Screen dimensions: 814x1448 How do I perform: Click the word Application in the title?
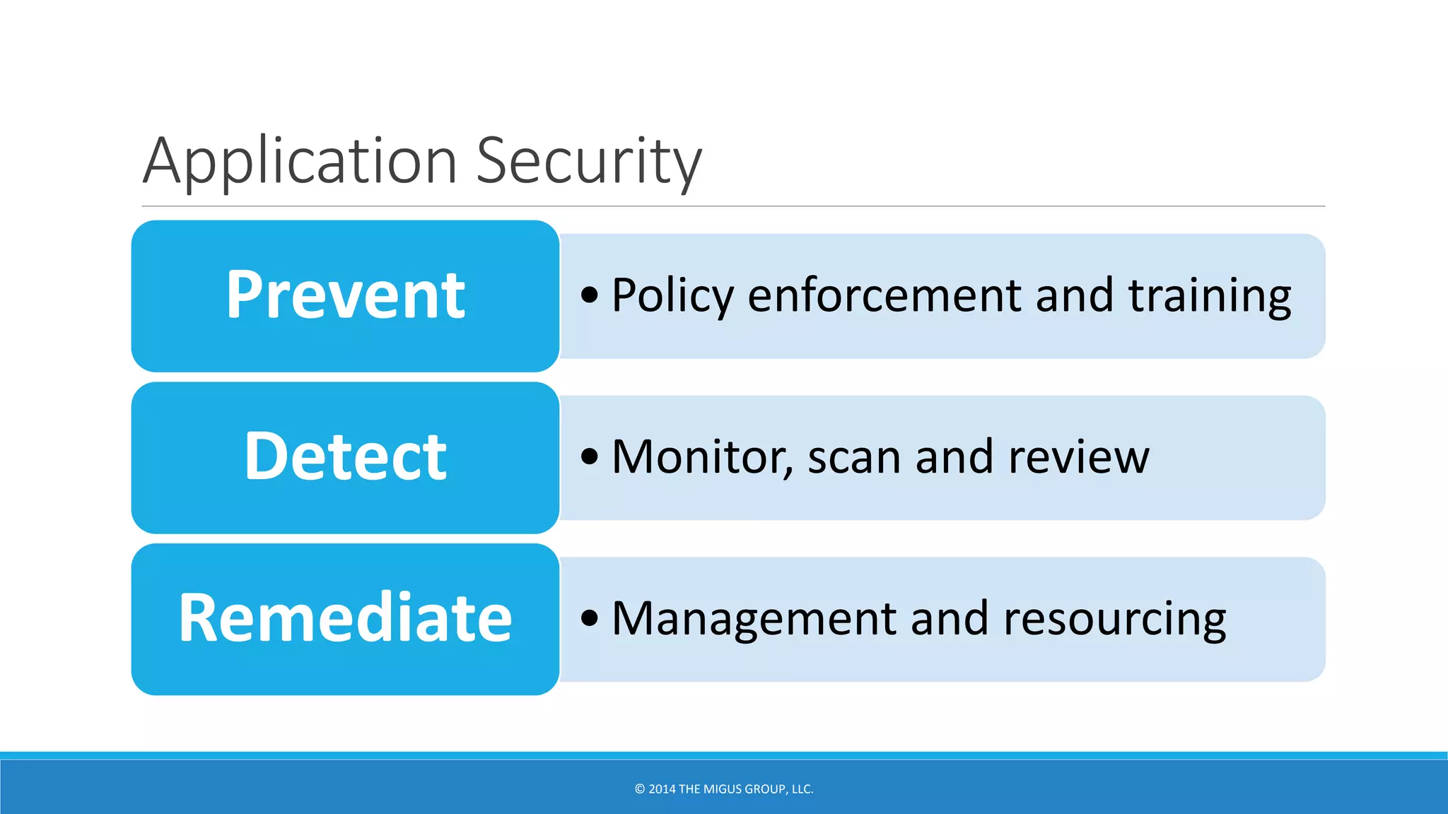tap(300, 163)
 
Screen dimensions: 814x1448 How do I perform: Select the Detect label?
tap(345, 457)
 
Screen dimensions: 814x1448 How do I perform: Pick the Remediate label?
tap(345, 619)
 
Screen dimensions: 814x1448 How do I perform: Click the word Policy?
tap(672, 295)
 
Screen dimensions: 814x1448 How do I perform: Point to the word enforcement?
tap(884, 295)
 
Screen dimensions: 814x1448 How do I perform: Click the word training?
tap(1210, 295)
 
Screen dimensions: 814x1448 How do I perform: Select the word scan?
tap(854, 457)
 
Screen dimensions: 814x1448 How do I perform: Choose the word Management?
tap(754, 619)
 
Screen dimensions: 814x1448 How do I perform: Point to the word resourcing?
tap(1115, 619)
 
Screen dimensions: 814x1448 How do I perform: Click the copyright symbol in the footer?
tap(640, 789)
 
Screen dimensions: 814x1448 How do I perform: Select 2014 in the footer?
tap(662, 789)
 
